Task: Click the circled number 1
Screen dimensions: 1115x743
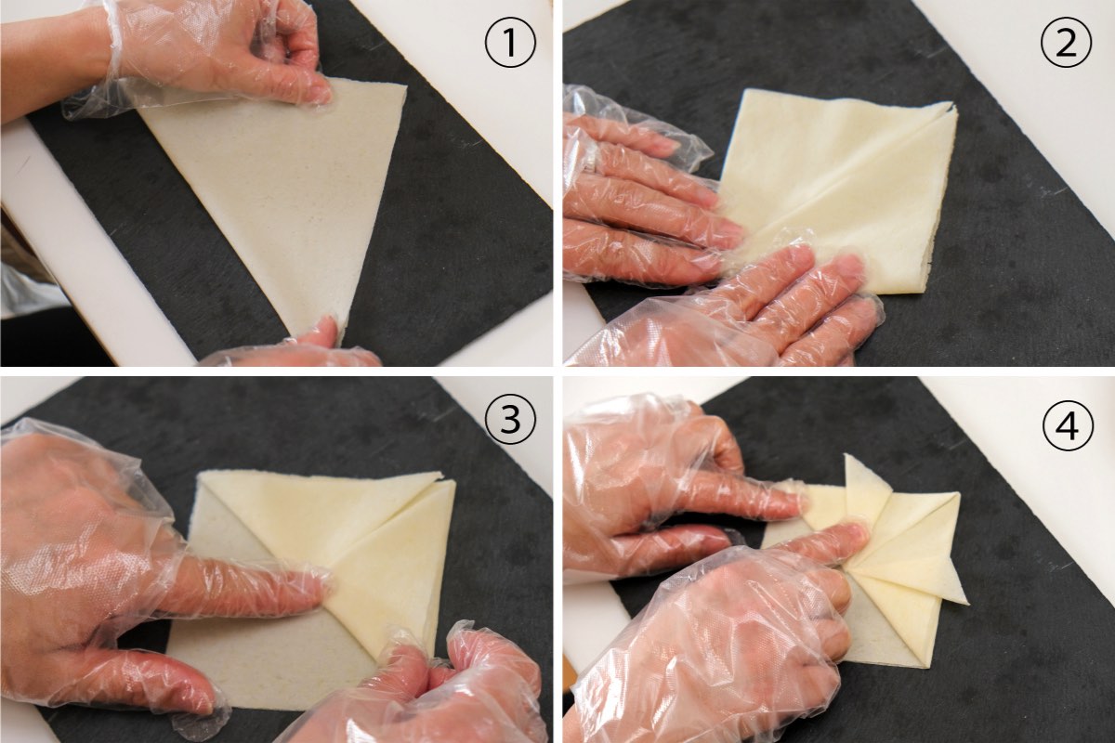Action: (510, 42)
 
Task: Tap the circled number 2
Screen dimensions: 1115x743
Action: (1066, 42)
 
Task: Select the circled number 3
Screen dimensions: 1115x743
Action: (510, 418)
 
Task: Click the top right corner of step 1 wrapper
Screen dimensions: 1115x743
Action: (406, 87)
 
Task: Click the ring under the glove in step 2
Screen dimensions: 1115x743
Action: (589, 164)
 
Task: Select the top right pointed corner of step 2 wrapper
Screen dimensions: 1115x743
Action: (955, 106)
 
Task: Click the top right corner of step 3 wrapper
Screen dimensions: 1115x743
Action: (453, 482)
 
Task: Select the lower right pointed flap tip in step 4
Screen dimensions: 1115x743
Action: (967, 603)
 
